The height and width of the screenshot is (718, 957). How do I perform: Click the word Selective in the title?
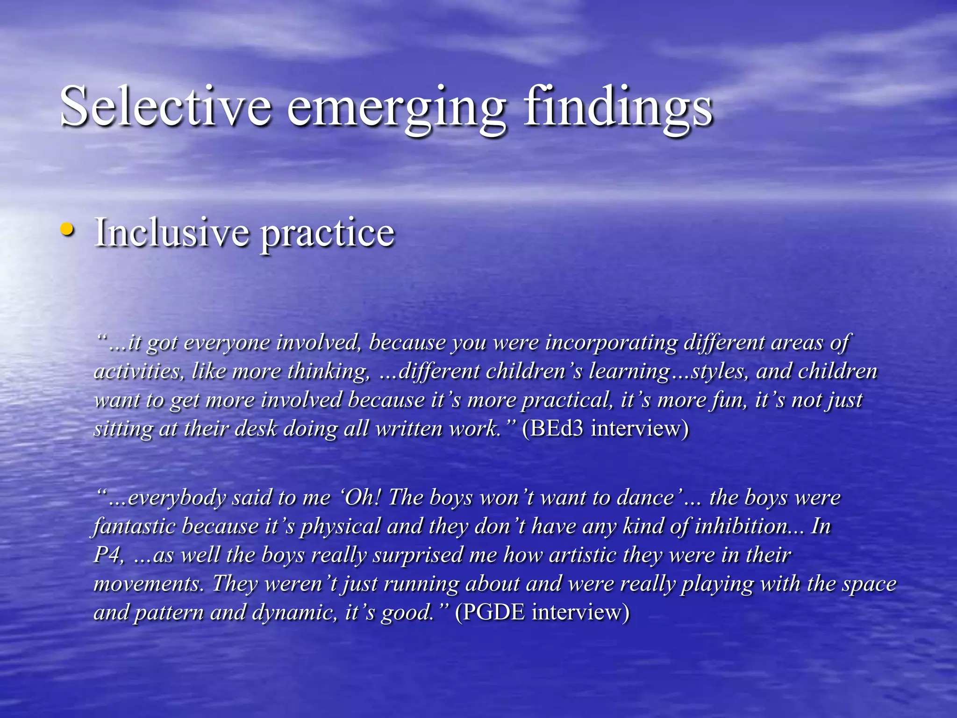[x=166, y=107]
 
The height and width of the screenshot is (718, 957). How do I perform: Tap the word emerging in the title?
[x=396, y=108]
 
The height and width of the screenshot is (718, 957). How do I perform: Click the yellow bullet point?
[x=67, y=230]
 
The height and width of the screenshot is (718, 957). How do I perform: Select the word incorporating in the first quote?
[x=611, y=343]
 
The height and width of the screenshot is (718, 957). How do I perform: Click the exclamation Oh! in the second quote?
[x=361, y=497]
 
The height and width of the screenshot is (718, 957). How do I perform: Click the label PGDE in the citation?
[x=493, y=613]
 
